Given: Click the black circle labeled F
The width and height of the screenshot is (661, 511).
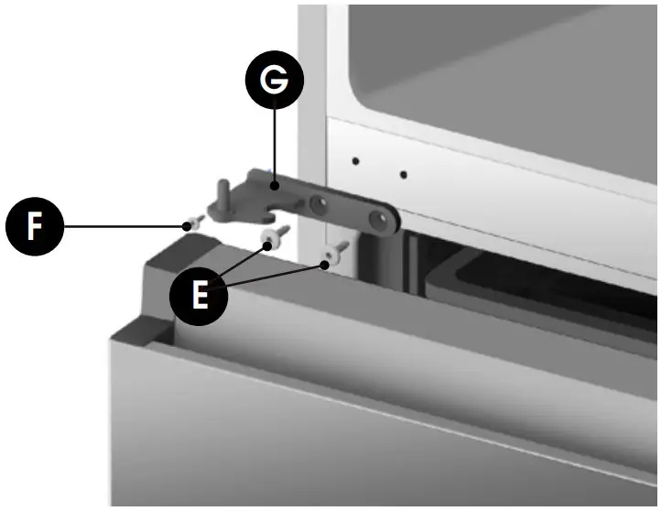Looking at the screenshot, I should [35, 225].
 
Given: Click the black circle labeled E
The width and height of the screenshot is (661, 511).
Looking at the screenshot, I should [200, 295].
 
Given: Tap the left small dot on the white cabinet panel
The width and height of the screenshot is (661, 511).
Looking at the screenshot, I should [356, 162].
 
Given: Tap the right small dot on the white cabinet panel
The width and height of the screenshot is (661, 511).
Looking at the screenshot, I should [403, 174].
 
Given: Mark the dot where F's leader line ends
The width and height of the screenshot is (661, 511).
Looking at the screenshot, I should [186, 224].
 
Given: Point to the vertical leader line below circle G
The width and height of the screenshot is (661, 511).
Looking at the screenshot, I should [274, 147].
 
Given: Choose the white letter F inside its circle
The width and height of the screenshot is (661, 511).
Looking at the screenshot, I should [35, 225].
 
